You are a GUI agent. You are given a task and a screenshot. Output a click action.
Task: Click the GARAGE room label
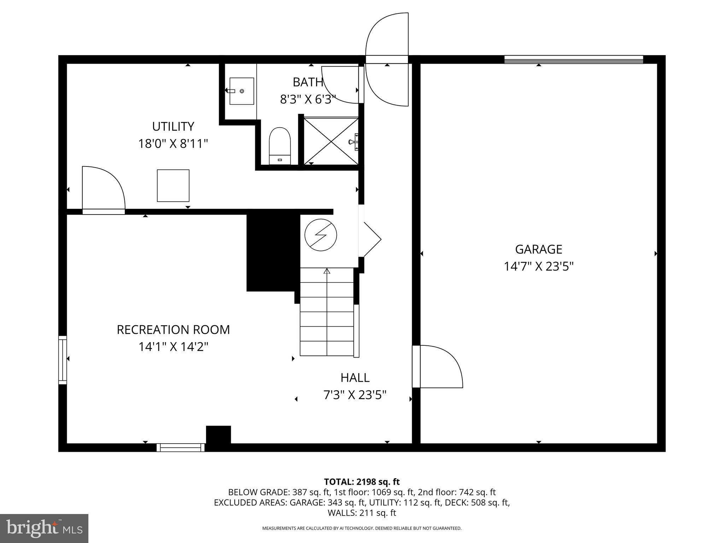pyautogui.click(x=538, y=249)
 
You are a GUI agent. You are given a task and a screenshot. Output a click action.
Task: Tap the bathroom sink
pyautogui.click(x=241, y=91)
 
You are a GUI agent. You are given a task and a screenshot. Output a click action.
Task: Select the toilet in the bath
pyautogui.click(x=280, y=145)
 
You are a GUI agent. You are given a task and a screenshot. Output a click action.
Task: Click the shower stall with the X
pyautogui.click(x=331, y=141)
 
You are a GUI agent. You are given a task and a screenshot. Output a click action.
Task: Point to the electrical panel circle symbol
pyautogui.click(x=321, y=235)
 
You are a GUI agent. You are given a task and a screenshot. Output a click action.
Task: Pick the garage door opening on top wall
pyautogui.click(x=573, y=59)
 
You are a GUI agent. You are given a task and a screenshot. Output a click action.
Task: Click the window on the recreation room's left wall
pyautogui.click(x=63, y=360)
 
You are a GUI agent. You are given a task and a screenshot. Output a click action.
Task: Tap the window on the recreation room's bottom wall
pyautogui.click(x=181, y=448)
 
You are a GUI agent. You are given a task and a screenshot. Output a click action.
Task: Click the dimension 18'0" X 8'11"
pyautogui.click(x=173, y=144)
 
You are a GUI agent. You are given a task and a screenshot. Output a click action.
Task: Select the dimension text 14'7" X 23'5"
pyautogui.click(x=538, y=266)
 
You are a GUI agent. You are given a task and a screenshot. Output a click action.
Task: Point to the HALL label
pyautogui.click(x=355, y=378)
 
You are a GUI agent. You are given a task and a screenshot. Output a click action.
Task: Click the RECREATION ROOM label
pyautogui.click(x=173, y=329)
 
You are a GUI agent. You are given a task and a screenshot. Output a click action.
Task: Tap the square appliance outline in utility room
pyautogui.click(x=173, y=186)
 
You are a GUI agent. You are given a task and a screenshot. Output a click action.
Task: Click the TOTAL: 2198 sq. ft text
pyautogui.click(x=362, y=481)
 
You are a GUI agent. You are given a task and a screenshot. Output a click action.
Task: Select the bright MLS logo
pyautogui.click(x=44, y=528)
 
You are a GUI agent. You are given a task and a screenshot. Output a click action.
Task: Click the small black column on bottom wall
pyautogui.click(x=218, y=435)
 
